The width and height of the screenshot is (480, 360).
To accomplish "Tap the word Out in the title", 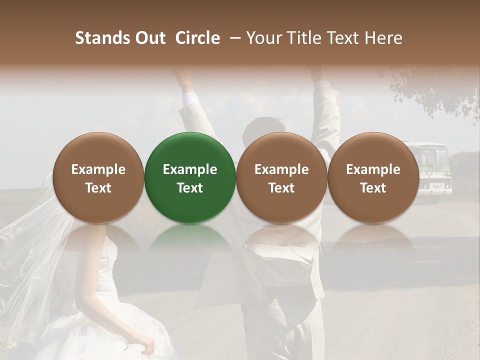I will (x=148, y=38).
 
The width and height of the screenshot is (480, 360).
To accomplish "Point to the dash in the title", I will (x=233, y=38).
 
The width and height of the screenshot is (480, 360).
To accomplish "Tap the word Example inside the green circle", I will (x=190, y=169).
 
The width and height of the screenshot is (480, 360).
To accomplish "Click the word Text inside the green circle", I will (x=190, y=188).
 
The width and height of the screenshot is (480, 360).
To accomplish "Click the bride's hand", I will (x=148, y=345).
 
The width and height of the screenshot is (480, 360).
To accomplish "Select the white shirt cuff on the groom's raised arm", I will (x=190, y=98).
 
